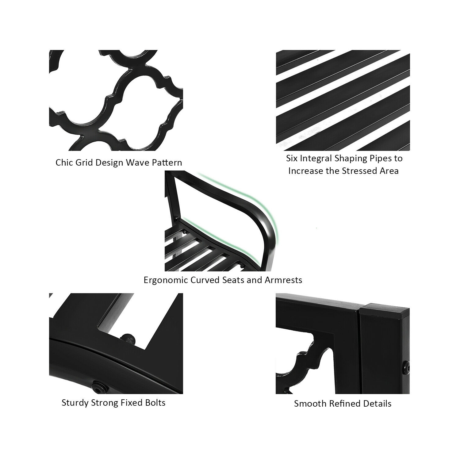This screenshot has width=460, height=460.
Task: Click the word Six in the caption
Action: pyautogui.click(x=292, y=159)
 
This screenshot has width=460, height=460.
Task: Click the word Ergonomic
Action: pyautogui.click(x=166, y=280)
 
